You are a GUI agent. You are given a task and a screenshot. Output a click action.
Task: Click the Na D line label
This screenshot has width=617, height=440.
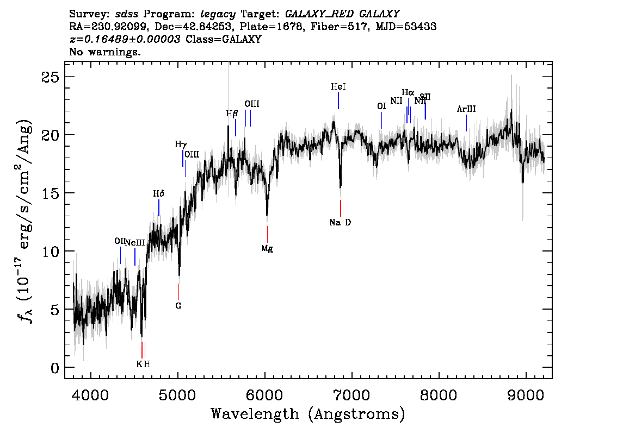[x=340, y=222]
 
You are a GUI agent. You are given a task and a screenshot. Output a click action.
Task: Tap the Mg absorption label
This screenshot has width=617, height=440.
[x=267, y=248]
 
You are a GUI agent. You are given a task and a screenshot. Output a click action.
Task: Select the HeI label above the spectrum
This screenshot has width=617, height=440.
[x=338, y=86]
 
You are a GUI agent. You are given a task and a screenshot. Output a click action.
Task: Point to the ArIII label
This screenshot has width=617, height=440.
[x=466, y=109]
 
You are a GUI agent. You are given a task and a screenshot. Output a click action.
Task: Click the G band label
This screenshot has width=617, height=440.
[x=178, y=305]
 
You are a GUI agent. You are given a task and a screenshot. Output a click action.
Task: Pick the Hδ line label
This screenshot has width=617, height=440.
[x=158, y=193]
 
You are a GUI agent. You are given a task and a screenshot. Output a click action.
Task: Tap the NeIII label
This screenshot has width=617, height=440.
[x=135, y=243]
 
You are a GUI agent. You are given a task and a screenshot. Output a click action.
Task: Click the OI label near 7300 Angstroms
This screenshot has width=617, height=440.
[x=381, y=106]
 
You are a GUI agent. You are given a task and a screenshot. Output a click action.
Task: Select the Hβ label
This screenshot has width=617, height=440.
[x=232, y=114]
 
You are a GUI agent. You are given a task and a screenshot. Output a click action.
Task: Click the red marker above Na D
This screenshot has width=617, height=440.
[x=340, y=208]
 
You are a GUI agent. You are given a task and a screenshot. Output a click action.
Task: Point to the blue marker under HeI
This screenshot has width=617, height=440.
[x=338, y=100]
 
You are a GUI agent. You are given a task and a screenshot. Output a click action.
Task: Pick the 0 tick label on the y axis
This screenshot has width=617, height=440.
[x=54, y=368]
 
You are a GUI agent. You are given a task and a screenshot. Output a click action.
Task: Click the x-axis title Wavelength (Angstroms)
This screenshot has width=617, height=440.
[x=308, y=414]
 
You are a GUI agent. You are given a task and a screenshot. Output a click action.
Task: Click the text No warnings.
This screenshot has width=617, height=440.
[x=106, y=52]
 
